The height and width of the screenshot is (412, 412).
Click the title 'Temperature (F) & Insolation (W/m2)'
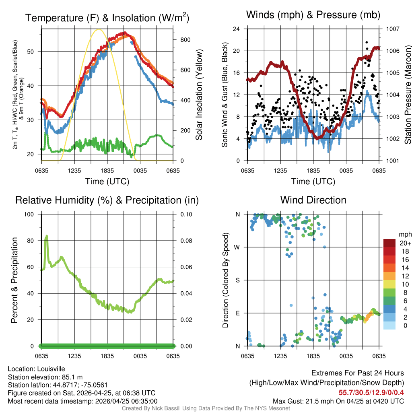point(107,18)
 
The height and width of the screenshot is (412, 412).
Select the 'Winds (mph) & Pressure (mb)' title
point(313,15)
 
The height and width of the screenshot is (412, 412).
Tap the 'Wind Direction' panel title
point(313,200)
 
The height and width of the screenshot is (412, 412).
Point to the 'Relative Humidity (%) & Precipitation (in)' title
point(107,200)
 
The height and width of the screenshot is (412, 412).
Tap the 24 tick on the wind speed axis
point(237,29)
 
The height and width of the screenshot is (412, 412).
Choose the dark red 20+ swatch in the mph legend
point(389,243)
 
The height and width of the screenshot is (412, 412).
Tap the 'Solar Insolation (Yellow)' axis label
point(199,95)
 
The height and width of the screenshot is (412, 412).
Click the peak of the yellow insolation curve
point(98,29)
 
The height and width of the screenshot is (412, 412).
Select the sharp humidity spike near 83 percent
point(47,236)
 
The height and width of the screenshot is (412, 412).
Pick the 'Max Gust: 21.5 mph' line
point(338,401)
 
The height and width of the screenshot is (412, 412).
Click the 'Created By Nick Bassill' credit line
point(206,408)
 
